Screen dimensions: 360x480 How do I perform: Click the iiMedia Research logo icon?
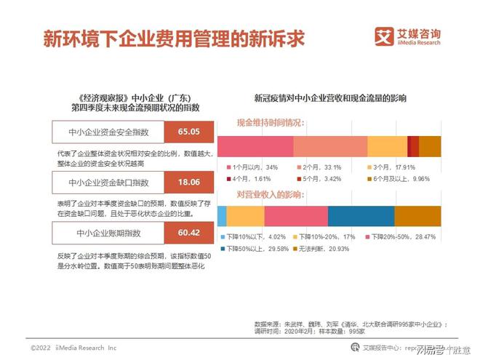[384, 36]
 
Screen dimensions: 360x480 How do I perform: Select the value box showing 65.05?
[190, 132]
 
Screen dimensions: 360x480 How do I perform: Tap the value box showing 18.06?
[190, 182]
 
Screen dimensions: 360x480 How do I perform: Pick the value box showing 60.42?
[190, 233]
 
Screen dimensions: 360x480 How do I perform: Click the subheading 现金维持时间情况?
[269, 123]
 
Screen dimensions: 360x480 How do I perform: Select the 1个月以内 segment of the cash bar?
[255, 145]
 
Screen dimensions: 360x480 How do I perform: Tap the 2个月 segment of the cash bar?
[330, 145]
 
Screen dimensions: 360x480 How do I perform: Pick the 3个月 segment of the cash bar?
[387, 145]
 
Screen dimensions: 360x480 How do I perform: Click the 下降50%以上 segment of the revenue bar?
[361, 216]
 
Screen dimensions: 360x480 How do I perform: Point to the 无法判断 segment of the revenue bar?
[417, 216]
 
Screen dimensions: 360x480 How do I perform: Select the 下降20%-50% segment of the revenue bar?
[295, 216]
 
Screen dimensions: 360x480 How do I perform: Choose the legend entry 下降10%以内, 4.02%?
[254, 237]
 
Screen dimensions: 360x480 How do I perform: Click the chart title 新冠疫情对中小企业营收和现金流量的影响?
[330, 97]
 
